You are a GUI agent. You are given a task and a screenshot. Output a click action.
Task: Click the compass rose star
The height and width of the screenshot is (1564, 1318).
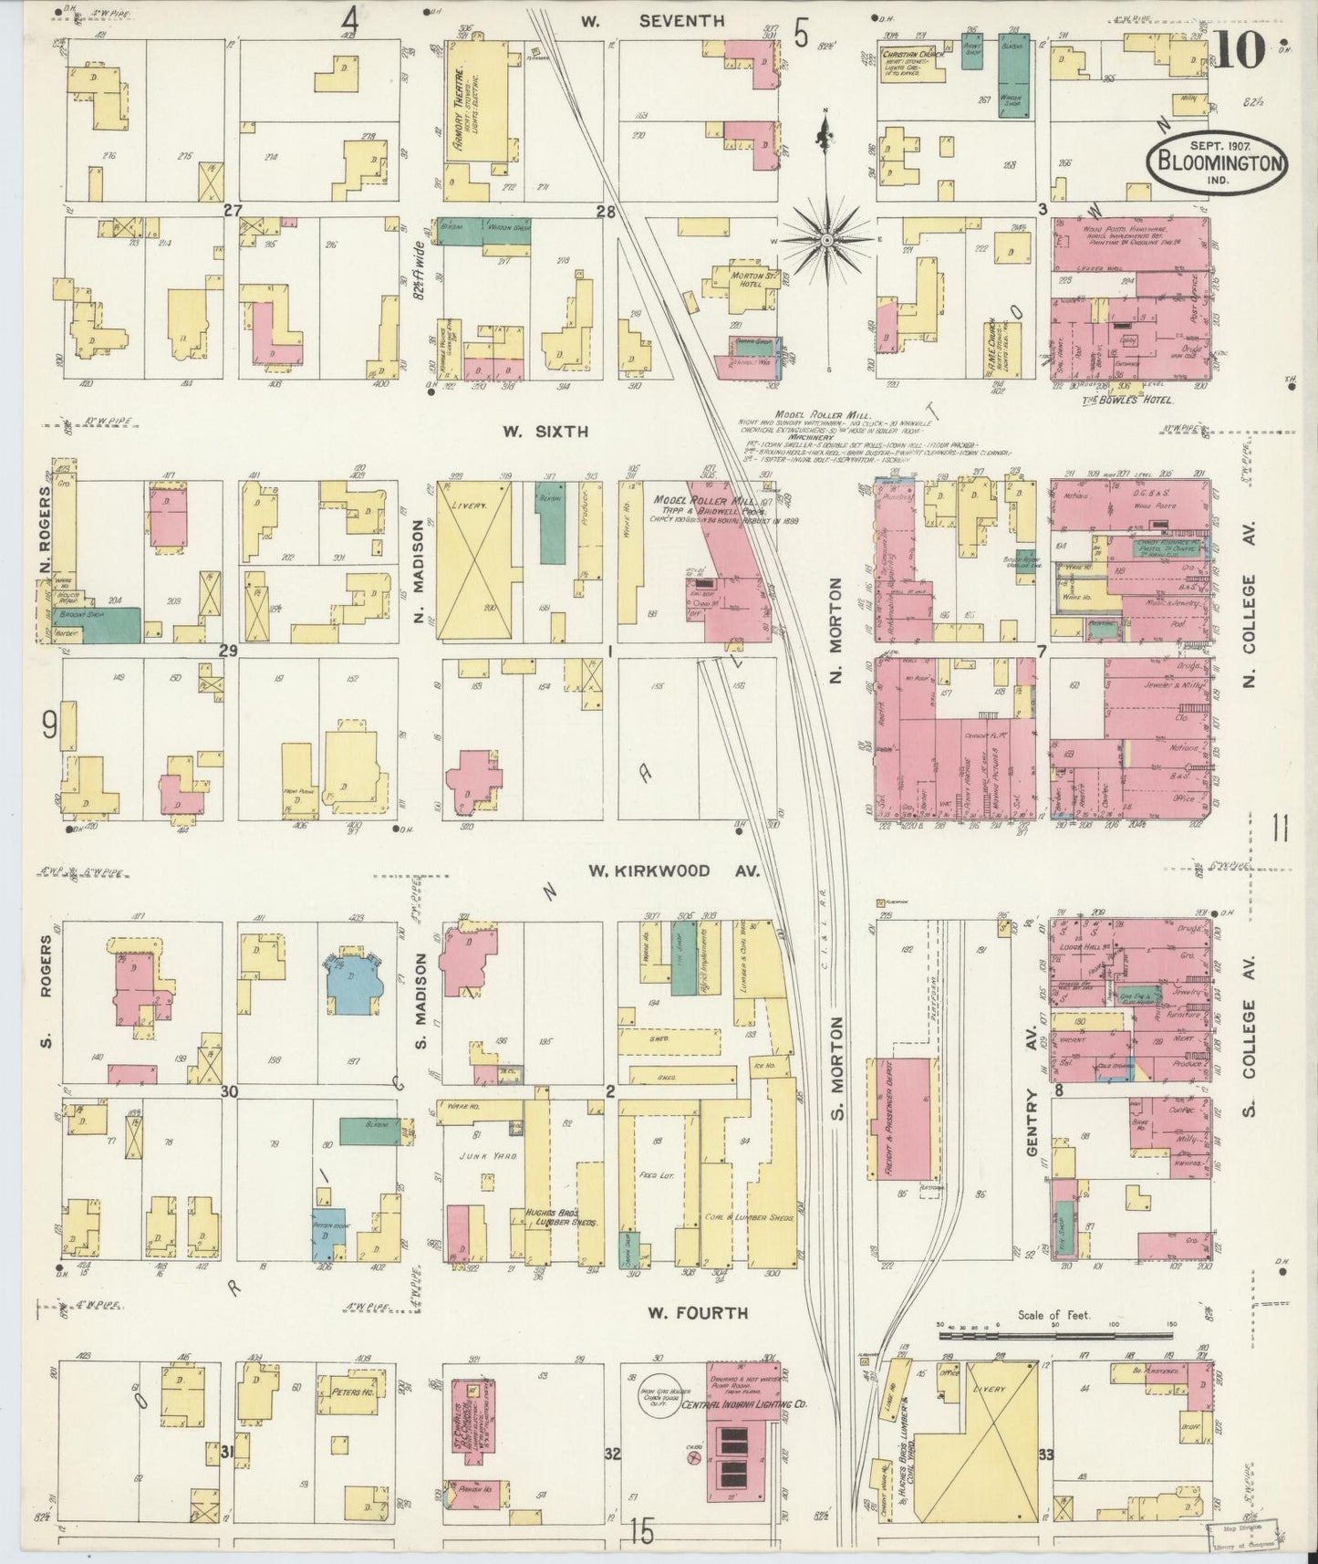coord(825,241)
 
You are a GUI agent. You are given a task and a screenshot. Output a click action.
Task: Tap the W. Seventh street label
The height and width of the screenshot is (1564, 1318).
coord(666,20)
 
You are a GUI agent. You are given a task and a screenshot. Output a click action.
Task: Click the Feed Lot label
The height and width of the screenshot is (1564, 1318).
coord(656,1174)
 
